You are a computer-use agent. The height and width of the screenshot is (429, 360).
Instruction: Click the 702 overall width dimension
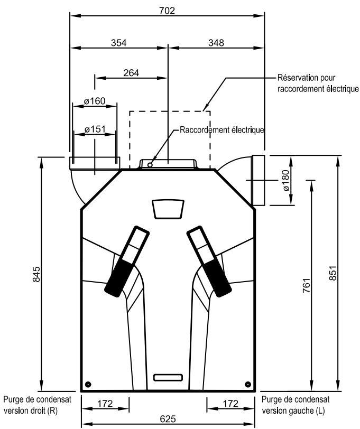coord(168,10)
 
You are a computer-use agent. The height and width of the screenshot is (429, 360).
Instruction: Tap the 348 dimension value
coord(215,42)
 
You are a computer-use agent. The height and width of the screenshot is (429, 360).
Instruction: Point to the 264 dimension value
coord(131,73)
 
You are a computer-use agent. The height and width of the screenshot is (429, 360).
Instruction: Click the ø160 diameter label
coord(95,101)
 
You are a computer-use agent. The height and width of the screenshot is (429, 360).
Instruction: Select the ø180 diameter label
coord(285,181)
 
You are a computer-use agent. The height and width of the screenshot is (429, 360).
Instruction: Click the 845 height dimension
coord(36,272)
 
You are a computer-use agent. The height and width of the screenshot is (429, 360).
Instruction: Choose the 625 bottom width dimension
coord(168,419)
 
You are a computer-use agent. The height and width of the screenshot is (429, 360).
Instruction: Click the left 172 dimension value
coord(105,404)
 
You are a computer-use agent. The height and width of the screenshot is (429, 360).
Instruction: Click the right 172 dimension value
coord(230,404)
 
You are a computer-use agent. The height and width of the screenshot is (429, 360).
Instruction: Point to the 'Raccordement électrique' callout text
coord(221,129)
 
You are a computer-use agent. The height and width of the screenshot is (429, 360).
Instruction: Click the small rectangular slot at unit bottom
coord(168,377)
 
